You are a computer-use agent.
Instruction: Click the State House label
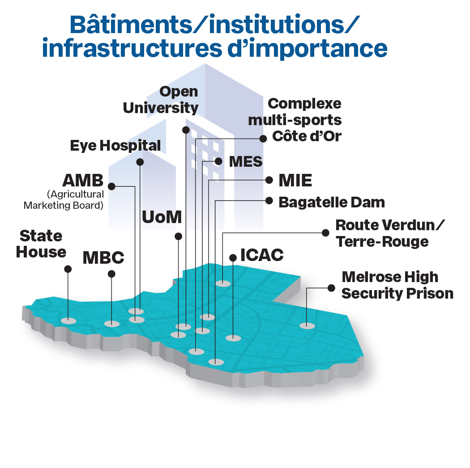click(x=41, y=244)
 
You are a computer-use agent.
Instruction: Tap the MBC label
click(x=103, y=257)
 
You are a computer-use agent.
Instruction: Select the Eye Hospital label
click(x=115, y=145)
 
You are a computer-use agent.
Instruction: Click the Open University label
click(x=161, y=100)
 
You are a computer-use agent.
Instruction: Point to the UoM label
click(x=162, y=217)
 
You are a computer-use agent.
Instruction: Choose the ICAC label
click(x=262, y=255)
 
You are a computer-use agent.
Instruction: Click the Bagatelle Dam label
click(x=331, y=202)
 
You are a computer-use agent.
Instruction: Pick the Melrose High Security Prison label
click(x=397, y=285)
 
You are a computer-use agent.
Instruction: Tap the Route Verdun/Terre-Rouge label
click(x=390, y=233)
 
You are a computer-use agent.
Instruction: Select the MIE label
click(x=295, y=181)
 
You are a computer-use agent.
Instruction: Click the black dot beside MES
click(x=219, y=161)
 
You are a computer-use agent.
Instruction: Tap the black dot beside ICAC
click(x=233, y=257)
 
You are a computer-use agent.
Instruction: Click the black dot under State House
click(x=68, y=269)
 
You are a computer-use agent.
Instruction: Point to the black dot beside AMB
click(x=112, y=186)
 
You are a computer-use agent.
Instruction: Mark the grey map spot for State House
click(x=68, y=320)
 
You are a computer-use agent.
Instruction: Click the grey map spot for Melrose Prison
click(x=307, y=325)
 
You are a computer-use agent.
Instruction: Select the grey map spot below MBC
click(x=111, y=324)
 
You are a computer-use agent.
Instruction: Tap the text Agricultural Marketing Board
click(x=64, y=200)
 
